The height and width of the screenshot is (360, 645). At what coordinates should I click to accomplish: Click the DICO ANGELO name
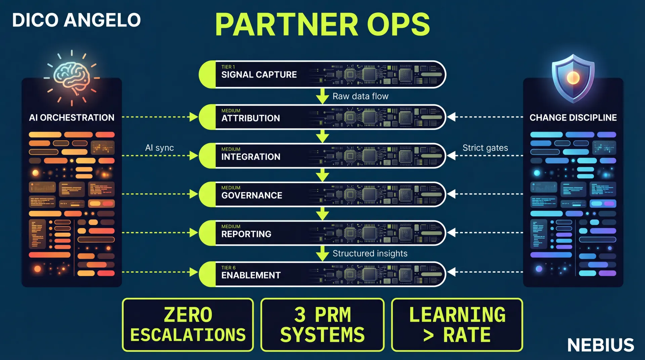[76, 20]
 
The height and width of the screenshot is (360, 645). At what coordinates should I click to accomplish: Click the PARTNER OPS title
[322, 24]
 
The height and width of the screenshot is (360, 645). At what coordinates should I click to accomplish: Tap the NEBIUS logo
[600, 345]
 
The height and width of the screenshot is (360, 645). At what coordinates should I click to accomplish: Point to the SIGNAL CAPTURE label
[259, 75]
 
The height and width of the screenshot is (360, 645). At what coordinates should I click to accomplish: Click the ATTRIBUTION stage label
[250, 118]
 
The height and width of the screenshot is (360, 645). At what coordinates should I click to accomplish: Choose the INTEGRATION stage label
[251, 157]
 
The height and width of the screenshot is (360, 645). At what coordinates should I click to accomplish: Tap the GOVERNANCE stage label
[252, 195]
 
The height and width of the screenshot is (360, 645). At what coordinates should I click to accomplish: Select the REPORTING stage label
[246, 234]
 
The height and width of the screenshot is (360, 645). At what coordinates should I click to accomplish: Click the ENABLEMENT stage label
[251, 275]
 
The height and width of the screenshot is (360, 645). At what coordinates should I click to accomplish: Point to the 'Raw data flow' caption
[360, 96]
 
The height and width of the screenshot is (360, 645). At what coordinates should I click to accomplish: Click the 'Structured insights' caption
[370, 254]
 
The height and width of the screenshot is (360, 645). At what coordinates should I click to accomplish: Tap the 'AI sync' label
[159, 148]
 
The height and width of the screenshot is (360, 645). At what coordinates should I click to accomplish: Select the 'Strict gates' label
[485, 148]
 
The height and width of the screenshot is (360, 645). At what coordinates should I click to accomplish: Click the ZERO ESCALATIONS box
[188, 325]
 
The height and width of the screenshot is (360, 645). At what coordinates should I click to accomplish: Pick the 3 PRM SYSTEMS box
[322, 325]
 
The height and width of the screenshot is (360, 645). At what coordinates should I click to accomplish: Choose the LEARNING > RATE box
[457, 325]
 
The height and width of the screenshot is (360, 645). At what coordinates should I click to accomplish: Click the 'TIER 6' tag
[228, 268]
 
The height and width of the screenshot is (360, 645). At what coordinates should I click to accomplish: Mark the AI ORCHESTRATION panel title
[72, 118]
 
